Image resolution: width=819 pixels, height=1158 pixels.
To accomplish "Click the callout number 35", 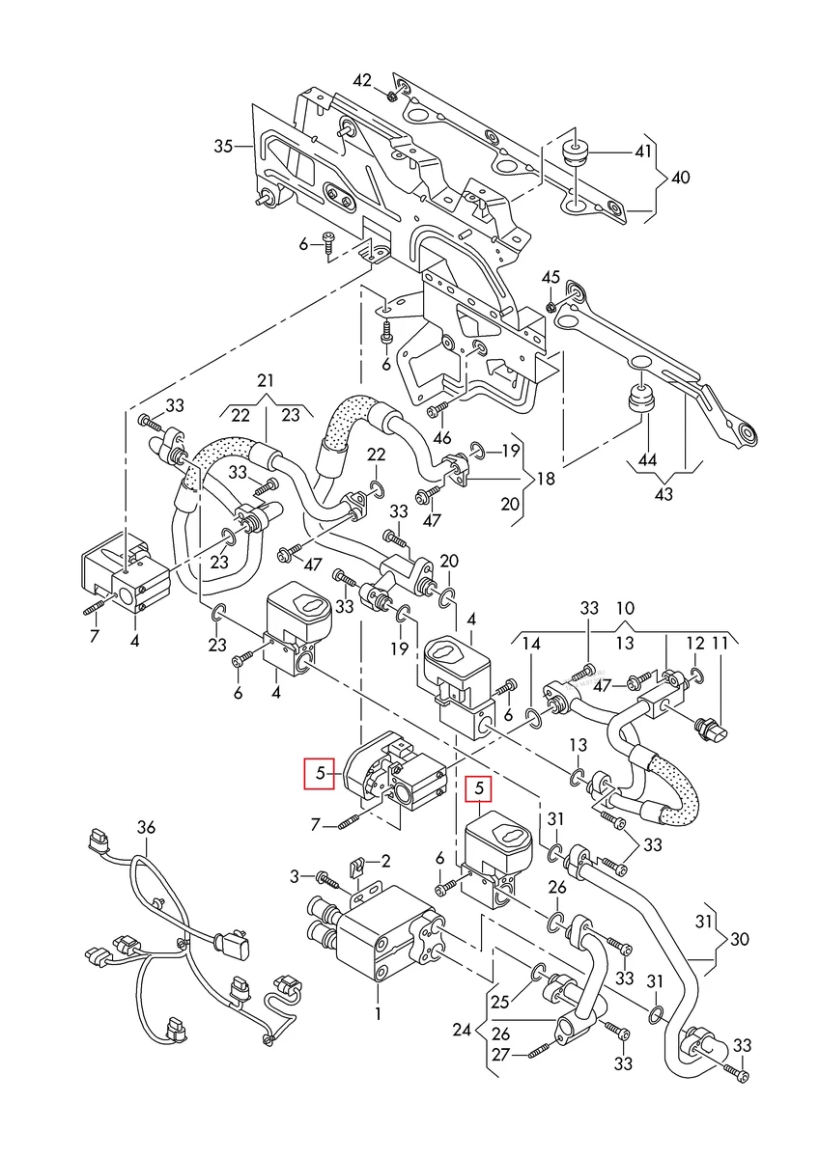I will click(223, 147).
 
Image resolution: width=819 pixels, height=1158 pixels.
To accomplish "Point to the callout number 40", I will click(681, 178).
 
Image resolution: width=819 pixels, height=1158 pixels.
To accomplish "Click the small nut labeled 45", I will click(551, 306).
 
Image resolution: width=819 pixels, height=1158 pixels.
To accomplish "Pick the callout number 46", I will click(442, 437).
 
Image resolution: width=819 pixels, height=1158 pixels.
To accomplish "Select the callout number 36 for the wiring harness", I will click(146, 826).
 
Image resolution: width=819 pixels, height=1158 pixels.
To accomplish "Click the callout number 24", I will click(464, 1031).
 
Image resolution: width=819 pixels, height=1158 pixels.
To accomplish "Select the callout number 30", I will click(739, 937).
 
